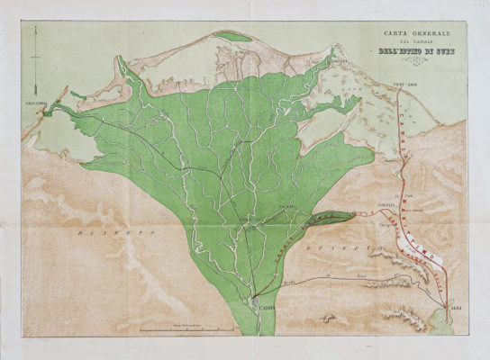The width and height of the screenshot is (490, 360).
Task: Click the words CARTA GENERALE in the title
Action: click(416, 34)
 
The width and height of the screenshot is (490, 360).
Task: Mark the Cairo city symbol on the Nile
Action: click(257, 303)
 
